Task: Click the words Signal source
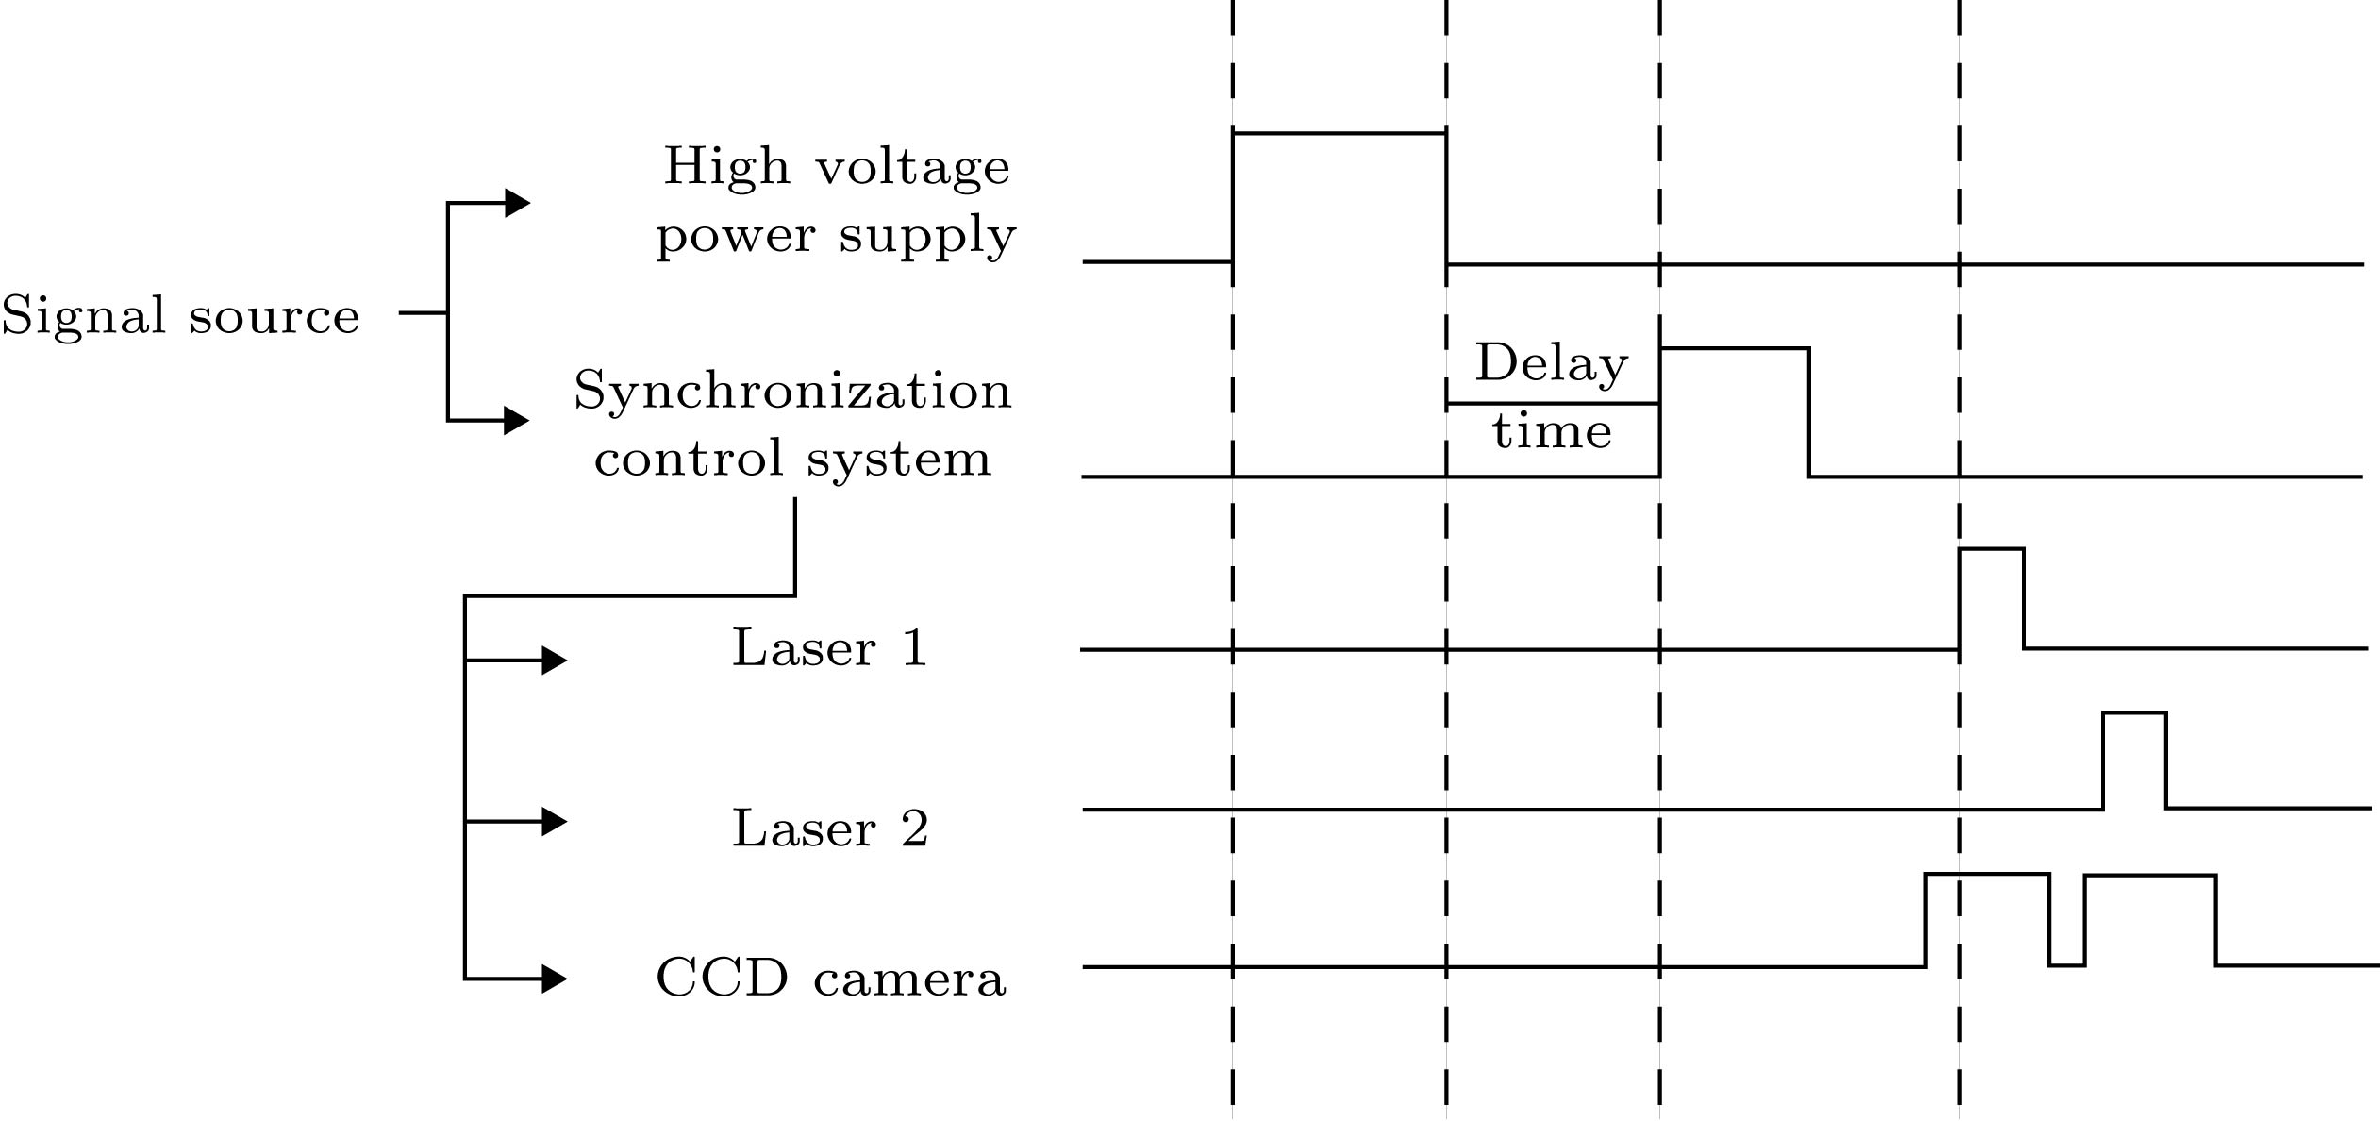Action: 180,315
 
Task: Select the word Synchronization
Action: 792,390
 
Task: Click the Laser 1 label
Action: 830,649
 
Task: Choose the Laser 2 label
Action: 830,829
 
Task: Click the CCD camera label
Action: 830,979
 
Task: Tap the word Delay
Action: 1552,363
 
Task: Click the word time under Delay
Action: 1552,431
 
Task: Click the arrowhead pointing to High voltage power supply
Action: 517,203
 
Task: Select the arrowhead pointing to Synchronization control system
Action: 516,420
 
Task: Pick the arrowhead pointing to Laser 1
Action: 554,661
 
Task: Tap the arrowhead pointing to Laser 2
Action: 554,822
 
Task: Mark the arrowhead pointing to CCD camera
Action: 554,979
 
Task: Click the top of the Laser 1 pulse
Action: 1991,549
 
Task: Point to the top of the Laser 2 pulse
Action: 2134,713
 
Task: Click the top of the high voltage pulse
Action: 1339,134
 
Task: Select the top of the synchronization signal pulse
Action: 1734,349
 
